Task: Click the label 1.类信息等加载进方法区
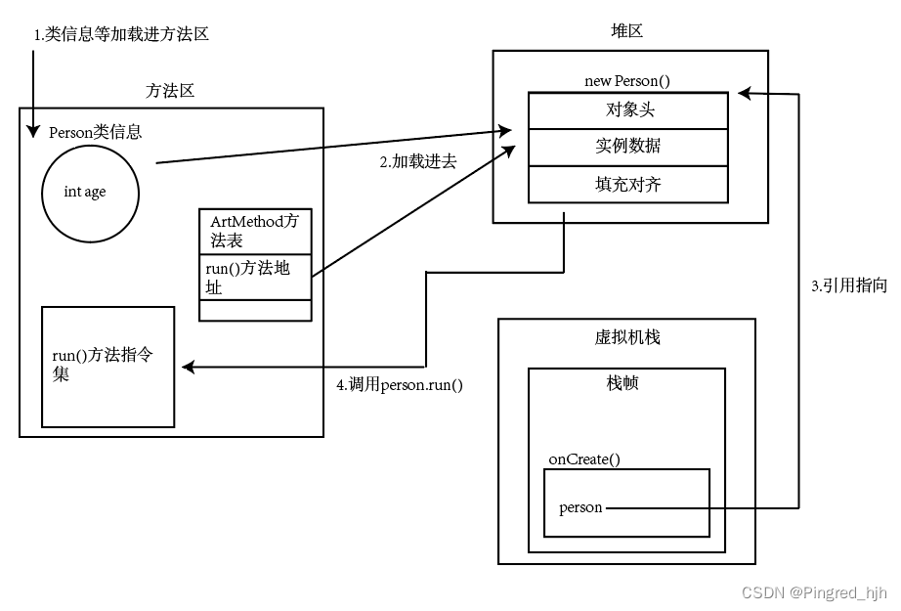point(121,34)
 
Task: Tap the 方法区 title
point(170,91)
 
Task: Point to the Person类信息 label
point(96,132)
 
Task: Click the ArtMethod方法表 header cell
point(255,231)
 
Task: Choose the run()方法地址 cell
point(255,277)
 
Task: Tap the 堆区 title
point(627,30)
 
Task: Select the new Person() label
point(627,80)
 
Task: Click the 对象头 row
point(628,110)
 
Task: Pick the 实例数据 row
point(628,148)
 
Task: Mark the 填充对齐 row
point(628,185)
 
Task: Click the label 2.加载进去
point(418,161)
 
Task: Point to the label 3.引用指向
point(849,285)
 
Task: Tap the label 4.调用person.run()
point(400,384)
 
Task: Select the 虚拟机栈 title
point(627,337)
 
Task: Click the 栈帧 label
point(622,383)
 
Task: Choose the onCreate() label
point(584,459)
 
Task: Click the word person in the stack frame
point(580,507)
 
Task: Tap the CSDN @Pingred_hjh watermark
point(814,592)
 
